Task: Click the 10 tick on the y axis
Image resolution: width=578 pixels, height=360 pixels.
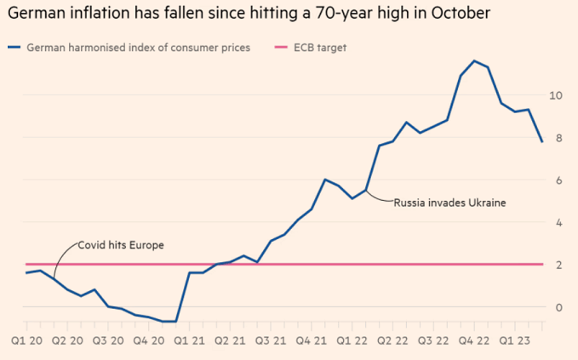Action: (x=555, y=95)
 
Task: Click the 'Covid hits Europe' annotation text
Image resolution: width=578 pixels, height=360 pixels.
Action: (x=121, y=245)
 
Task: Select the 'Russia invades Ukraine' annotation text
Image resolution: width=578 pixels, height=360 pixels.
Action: (x=449, y=203)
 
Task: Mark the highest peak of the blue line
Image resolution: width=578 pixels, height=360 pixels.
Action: (x=474, y=60)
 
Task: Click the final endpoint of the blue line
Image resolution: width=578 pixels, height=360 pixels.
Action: (x=542, y=141)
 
